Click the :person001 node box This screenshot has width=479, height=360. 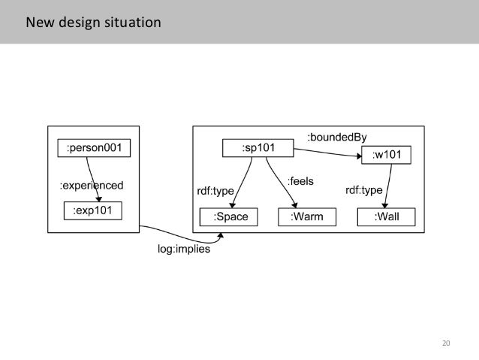click(x=94, y=147)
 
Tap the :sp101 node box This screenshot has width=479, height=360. click(x=258, y=148)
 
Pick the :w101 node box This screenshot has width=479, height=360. click(x=391, y=156)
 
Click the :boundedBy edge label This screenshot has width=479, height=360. click(x=337, y=136)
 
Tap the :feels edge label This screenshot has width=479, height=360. click(x=300, y=181)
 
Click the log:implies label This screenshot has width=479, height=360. click(x=184, y=250)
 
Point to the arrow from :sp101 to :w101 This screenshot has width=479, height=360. click(x=330, y=153)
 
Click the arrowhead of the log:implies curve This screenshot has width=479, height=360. click(x=221, y=236)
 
